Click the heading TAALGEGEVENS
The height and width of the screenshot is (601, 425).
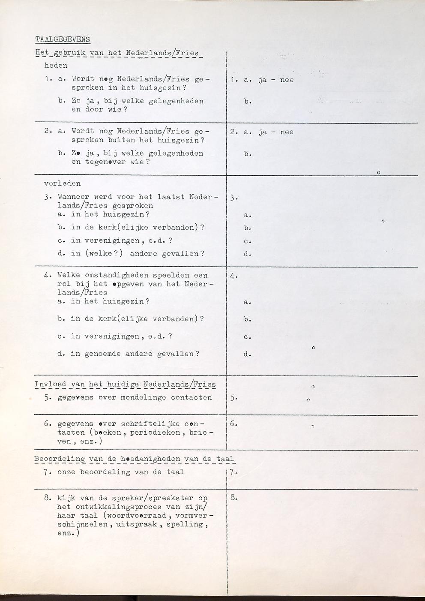(63, 39)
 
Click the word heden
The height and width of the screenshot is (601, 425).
(56, 66)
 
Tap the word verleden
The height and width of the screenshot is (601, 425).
(62, 183)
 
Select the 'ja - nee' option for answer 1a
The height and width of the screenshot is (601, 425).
(276, 80)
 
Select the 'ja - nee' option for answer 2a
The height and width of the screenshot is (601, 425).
(276, 132)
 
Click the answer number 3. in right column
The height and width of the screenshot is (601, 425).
(233, 198)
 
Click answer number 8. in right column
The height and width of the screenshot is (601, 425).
(233, 498)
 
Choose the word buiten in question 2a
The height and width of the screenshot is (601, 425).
(121, 140)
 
